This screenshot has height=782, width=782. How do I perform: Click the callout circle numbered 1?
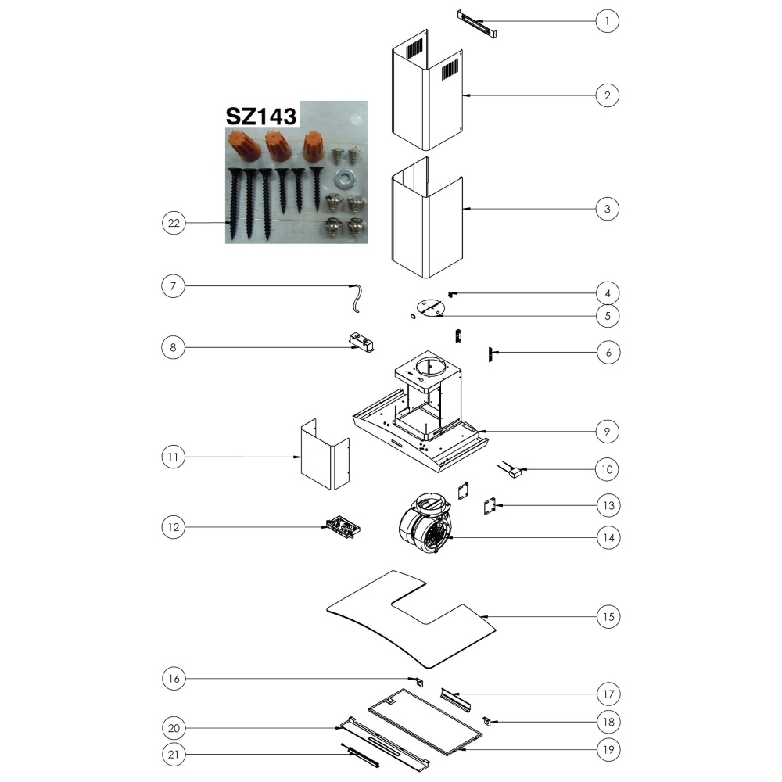coord(607,21)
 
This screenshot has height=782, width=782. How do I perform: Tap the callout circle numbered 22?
coord(174,223)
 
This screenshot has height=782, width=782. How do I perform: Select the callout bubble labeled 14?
coord(608,538)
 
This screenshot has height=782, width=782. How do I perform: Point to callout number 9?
coord(607,432)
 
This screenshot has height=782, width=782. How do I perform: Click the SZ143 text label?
coord(261,116)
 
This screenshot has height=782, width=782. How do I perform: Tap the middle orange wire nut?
coord(275,145)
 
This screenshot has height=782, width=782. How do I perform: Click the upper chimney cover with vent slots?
coord(428,90)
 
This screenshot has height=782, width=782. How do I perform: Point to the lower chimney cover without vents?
coord(428,218)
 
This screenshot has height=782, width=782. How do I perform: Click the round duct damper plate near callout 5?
coord(430,307)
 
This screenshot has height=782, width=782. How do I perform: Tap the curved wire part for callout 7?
coord(356,298)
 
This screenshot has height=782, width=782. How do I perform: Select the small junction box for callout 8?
coord(361,343)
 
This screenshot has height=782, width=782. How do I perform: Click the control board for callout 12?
coord(343,526)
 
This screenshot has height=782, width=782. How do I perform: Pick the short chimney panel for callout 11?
coord(325,454)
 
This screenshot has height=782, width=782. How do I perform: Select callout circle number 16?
coord(174,678)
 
